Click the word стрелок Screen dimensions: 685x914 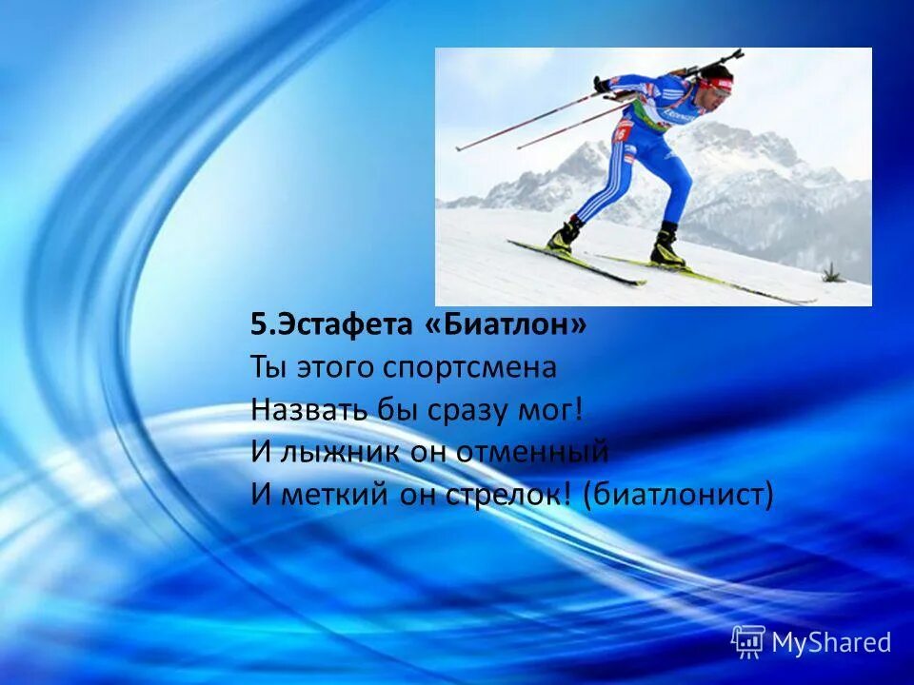(x=503, y=494)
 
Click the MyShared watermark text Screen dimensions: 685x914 (x=831, y=642)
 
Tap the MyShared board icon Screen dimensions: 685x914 (x=748, y=641)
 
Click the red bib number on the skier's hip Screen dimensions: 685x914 (x=624, y=131)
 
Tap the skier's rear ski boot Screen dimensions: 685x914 (x=564, y=238)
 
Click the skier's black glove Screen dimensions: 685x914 (x=602, y=85)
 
